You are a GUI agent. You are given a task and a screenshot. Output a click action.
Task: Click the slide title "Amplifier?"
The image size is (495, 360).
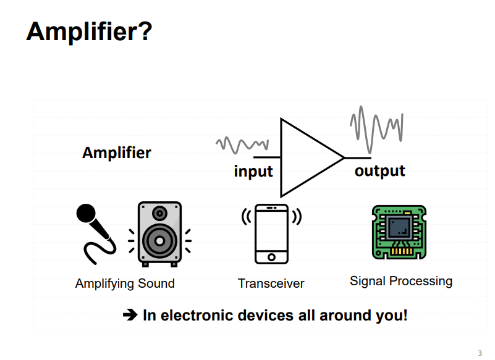click(x=89, y=31)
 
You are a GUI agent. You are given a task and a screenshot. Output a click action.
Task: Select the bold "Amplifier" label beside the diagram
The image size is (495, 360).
click(x=117, y=153)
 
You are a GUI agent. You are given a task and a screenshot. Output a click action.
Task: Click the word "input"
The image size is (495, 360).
click(x=253, y=171)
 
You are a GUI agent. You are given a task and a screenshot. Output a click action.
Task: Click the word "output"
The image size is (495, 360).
click(x=379, y=170)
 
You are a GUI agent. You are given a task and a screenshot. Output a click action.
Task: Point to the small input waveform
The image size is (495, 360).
click(x=240, y=144)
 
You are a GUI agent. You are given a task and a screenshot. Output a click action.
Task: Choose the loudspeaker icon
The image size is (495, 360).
click(x=159, y=234)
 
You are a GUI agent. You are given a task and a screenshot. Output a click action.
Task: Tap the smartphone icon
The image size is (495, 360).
click(x=271, y=233)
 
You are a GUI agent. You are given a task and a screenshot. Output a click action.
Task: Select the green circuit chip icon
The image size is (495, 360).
click(x=399, y=232)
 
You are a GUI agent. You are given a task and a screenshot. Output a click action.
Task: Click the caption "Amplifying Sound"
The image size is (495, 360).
click(x=125, y=283)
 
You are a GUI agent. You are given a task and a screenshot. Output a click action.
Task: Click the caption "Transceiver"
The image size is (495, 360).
click(x=271, y=283)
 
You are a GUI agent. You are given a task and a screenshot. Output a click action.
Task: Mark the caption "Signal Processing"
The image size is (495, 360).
click(x=401, y=281)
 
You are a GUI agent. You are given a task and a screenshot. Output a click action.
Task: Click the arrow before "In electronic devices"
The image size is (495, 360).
click(x=130, y=315)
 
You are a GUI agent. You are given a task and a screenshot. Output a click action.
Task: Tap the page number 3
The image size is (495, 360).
click(x=480, y=353)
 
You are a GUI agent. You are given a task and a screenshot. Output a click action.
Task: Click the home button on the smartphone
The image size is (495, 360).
click(x=271, y=256)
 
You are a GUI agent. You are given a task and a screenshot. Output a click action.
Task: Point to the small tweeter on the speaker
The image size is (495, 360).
click(x=159, y=214)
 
